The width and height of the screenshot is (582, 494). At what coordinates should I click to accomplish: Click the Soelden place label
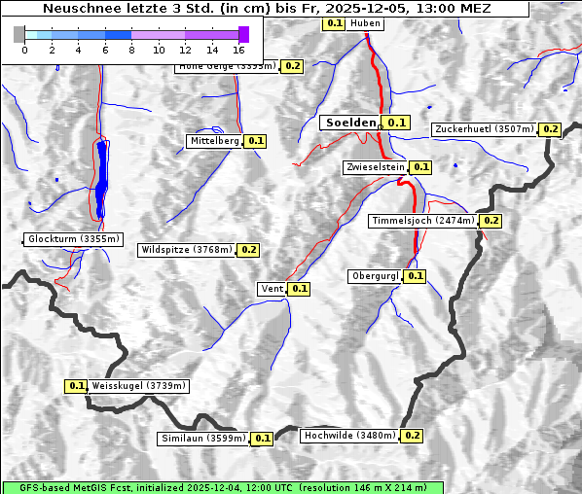click(x=350, y=123)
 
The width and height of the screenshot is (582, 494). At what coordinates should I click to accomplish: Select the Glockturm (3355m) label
click(x=74, y=239)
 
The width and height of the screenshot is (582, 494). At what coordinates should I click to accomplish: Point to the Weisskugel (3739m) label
click(x=138, y=386)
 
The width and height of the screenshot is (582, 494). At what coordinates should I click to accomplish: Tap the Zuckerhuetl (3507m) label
click(x=485, y=129)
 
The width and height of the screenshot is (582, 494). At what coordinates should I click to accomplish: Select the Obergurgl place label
click(x=374, y=276)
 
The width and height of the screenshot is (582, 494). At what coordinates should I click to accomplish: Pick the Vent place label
click(x=272, y=289)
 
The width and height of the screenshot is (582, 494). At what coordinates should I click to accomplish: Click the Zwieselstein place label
click(x=375, y=167)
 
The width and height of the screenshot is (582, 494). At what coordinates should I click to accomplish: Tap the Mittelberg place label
click(x=214, y=141)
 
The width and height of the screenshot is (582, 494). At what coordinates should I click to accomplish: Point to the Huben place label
click(x=365, y=22)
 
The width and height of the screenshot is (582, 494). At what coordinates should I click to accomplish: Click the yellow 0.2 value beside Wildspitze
click(x=248, y=250)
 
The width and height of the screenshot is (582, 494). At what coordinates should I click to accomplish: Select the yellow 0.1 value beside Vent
click(x=299, y=289)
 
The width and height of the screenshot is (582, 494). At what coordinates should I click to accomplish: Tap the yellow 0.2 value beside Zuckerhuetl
click(x=550, y=129)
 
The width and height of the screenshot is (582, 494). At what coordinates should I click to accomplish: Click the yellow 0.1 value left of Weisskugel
click(x=76, y=386)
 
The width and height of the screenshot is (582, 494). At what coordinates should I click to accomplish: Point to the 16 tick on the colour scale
click(x=239, y=49)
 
